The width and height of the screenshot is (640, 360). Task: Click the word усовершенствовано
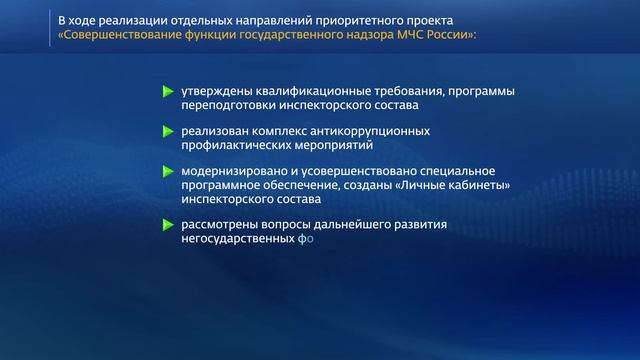click(x=341, y=170)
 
